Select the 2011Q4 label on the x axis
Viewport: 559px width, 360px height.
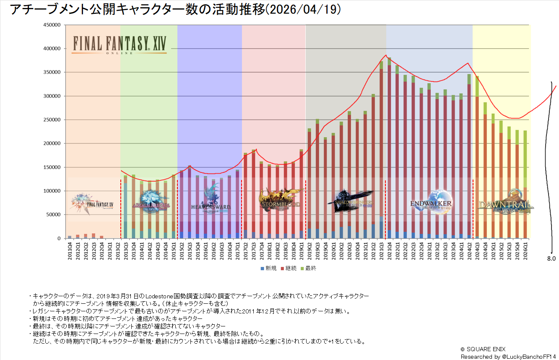(x=70, y=251)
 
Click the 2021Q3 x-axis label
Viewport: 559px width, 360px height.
(x=381, y=251)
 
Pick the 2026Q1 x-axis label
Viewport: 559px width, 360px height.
(x=525, y=251)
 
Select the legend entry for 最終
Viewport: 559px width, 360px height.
(x=309, y=268)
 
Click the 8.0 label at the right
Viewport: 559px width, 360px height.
(x=551, y=259)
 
